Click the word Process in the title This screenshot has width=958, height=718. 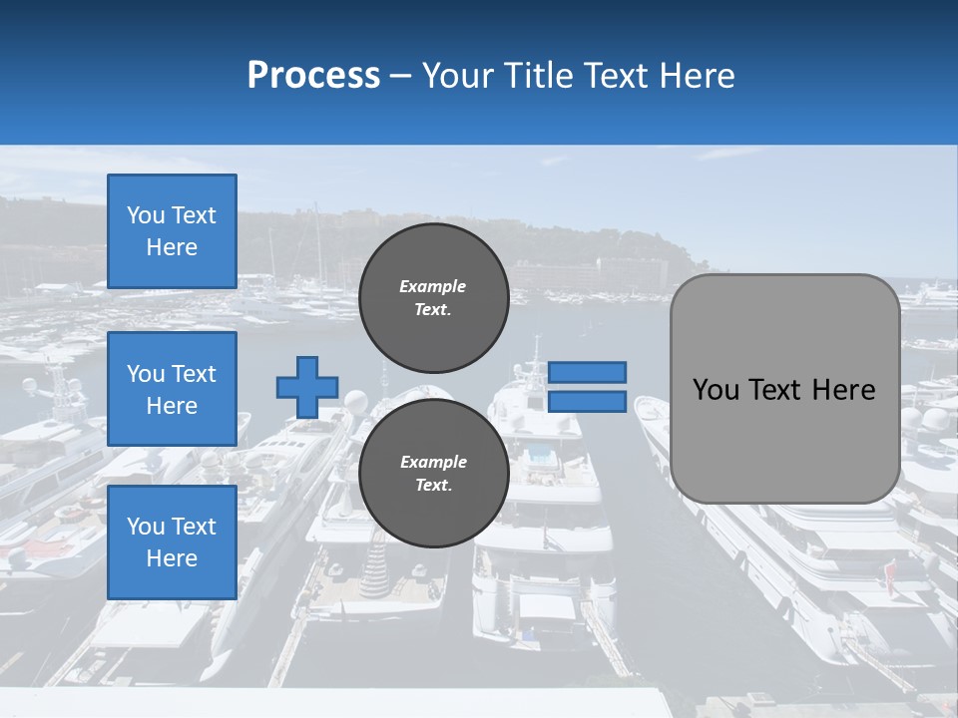[x=313, y=76]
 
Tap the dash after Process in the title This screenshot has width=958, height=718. [x=400, y=77]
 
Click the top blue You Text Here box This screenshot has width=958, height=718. [x=172, y=231]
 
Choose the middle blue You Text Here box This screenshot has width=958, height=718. [x=172, y=389]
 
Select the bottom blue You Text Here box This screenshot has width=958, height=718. [x=172, y=542]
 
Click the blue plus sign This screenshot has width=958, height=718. [x=307, y=387]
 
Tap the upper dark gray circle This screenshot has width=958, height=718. [x=433, y=297]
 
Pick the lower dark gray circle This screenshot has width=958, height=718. [x=433, y=473]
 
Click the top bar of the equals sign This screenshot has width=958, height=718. [x=588, y=372]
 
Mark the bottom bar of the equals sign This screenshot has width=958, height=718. [x=588, y=402]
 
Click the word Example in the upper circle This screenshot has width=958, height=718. [x=433, y=286]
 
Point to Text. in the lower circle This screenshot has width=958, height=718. [x=433, y=486]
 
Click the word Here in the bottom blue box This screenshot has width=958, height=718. [x=172, y=558]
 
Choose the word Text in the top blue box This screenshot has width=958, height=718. [x=194, y=215]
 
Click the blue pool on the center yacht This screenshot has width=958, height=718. [x=543, y=457]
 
